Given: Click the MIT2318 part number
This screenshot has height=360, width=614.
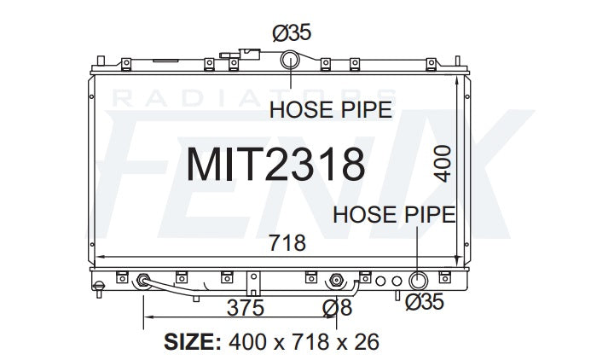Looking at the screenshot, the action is (x=275, y=165).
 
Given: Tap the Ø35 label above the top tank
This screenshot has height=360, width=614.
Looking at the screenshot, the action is (x=292, y=32).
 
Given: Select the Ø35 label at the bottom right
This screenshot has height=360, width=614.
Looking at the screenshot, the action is (x=425, y=302).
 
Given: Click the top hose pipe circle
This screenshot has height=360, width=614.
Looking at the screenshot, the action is (x=290, y=60).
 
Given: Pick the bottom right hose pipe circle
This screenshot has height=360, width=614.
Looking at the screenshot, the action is (x=418, y=281).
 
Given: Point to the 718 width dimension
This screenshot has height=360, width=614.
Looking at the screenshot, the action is (x=287, y=243).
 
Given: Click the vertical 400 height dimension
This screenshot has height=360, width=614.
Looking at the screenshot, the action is (x=443, y=164).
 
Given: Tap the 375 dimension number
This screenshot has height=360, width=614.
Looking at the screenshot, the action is (x=246, y=308).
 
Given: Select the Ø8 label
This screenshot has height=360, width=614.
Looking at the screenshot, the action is (x=338, y=308).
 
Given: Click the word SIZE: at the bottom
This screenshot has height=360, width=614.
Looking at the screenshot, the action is (x=193, y=342).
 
